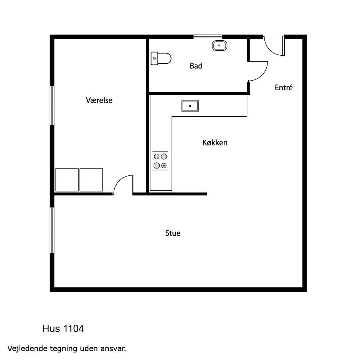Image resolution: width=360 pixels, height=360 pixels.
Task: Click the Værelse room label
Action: point(99,100)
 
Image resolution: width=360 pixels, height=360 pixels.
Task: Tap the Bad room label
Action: point(196,66)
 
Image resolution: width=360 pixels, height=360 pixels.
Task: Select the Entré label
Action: point(284,88)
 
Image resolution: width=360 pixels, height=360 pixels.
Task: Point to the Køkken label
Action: point(215,142)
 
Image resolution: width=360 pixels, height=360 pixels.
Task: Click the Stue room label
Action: point(173,233)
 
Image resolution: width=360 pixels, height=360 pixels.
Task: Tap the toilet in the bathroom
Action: point(161,58)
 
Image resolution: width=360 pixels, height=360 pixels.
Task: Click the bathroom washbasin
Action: point(220,45)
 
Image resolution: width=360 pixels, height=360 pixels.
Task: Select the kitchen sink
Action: point(190,106)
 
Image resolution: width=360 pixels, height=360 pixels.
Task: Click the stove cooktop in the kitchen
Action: point(160,161)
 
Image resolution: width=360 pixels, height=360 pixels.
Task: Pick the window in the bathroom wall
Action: point(208,37)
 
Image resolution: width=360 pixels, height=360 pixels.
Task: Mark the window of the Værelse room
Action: point(52,106)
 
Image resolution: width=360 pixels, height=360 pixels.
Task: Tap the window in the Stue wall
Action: point(52,230)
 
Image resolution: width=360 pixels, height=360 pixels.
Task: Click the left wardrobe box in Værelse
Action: point(67,180)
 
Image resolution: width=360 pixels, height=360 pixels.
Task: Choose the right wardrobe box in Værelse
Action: point(91,180)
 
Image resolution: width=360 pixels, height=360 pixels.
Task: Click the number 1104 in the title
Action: point(73,329)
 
